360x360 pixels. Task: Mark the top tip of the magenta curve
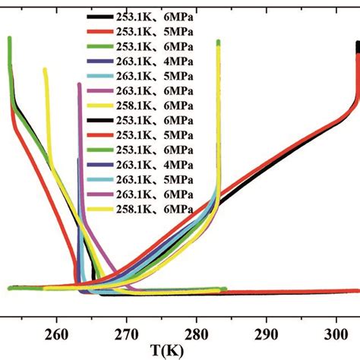(79, 84)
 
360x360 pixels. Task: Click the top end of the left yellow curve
(45, 70)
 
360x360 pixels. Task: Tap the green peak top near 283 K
(218, 42)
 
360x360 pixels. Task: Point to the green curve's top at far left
(9, 38)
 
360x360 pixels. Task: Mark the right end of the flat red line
(358, 291)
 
